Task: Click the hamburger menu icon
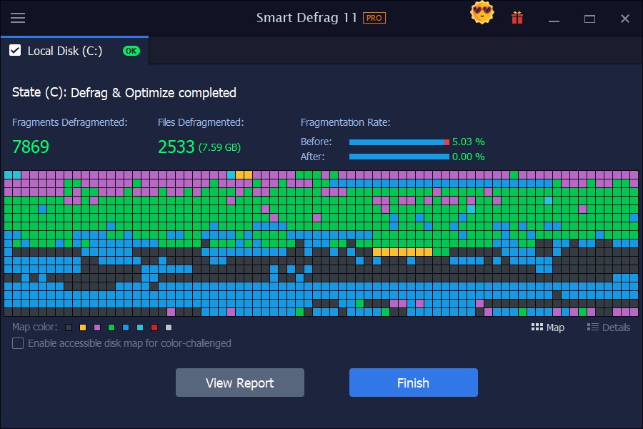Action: pos(18,18)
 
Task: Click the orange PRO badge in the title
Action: pos(374,18)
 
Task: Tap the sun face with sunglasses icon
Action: pos(482,14)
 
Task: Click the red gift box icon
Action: pos(517,18)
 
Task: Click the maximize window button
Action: pos(589,19)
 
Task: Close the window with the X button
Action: pos(625,19)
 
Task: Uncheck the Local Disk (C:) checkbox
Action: pos(15,51)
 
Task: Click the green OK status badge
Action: pos(131,51)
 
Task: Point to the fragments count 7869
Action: pos(31,147)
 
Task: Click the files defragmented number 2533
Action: pos(176,147)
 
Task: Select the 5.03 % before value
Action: pos(468,142)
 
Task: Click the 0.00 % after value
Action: pos(468,157)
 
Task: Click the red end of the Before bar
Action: pos(447,142)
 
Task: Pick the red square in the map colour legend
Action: pos(154,327)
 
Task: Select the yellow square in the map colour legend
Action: pos(83,327)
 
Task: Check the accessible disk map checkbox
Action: pos(18,343)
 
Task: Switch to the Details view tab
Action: pos(609,327)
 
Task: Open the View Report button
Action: pos(240,383)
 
